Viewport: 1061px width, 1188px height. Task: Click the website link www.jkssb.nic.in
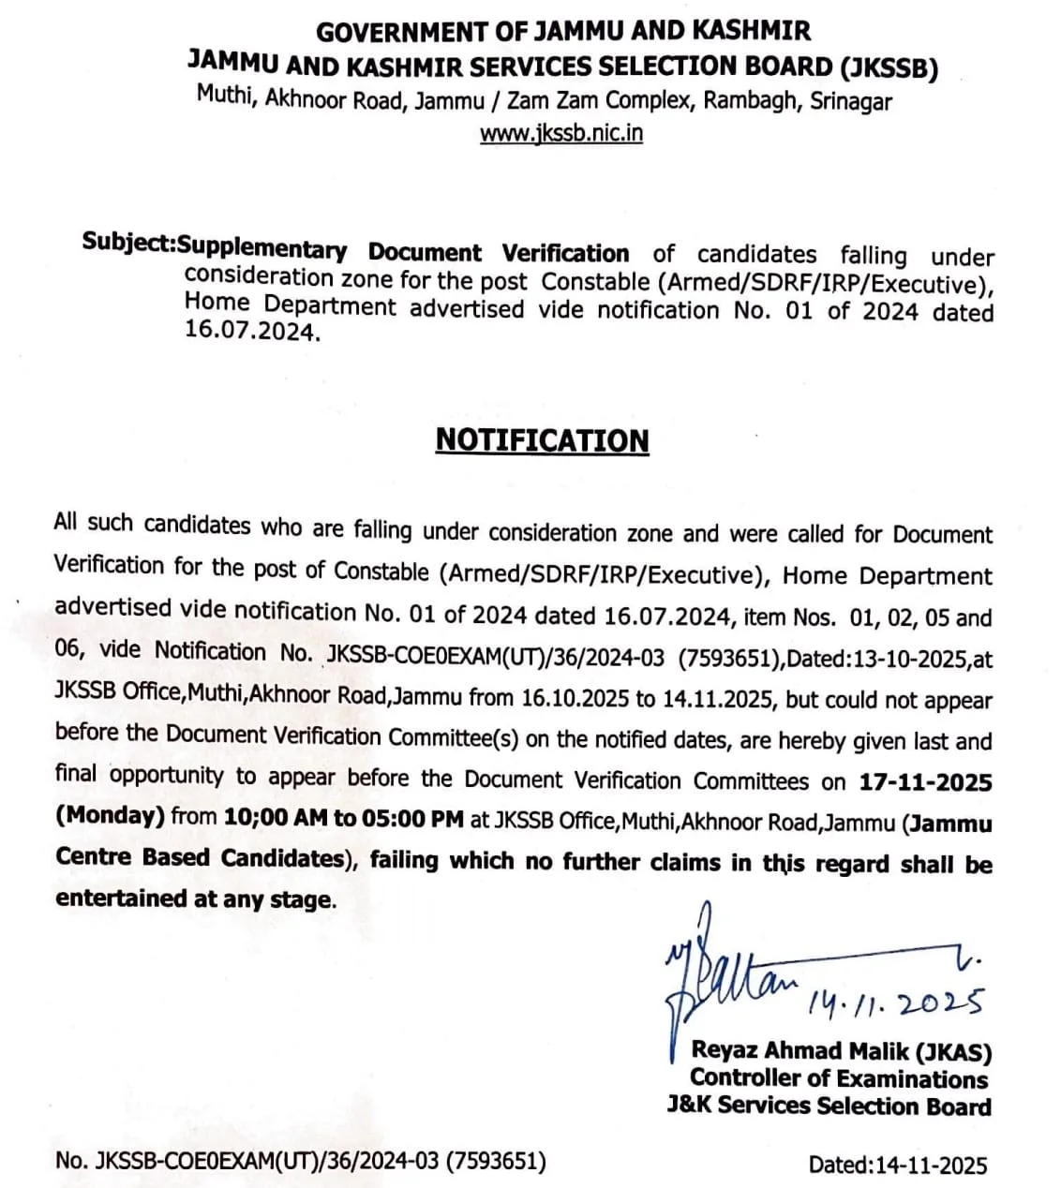(x=561, y=133)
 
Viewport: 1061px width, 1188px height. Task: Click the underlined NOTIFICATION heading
(x=542, y=440)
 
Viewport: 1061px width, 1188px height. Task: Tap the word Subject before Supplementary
(x=126, y=243)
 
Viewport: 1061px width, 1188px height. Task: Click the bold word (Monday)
(x=110, y=815)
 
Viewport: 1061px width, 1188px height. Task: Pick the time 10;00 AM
(x=276, y=817)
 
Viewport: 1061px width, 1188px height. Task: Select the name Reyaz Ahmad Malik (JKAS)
(x=841, y=1051)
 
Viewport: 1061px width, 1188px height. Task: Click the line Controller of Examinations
(x=838, y=1078)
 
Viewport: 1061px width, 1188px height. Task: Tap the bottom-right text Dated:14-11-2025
(x=897, y=1165)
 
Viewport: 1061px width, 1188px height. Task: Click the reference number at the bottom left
(x=300, y=1161)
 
